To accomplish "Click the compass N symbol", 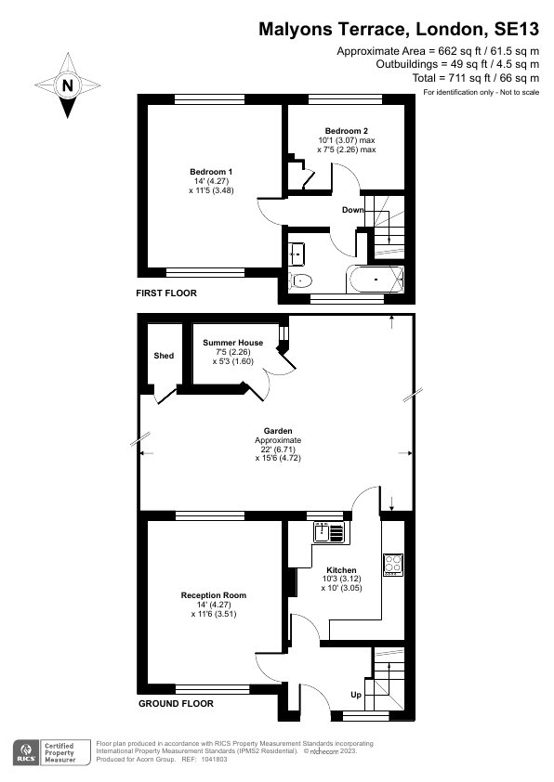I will coord(67,85).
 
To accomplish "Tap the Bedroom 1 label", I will coord(211,172).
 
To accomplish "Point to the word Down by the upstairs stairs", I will coord(352,210).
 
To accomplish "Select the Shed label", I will coord(163,356).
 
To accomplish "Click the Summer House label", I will coord(232,343).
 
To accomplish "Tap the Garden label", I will coord(278,431).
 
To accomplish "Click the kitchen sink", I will coord(329,532).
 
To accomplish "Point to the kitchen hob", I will coord(392,564).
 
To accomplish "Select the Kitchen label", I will coord(341,570).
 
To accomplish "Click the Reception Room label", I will coord(213,594).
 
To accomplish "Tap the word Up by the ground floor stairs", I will coord(354,695).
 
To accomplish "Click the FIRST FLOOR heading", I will coord(167,293).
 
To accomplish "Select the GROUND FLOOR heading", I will coord(176,703).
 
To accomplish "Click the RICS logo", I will coord(25,751).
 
